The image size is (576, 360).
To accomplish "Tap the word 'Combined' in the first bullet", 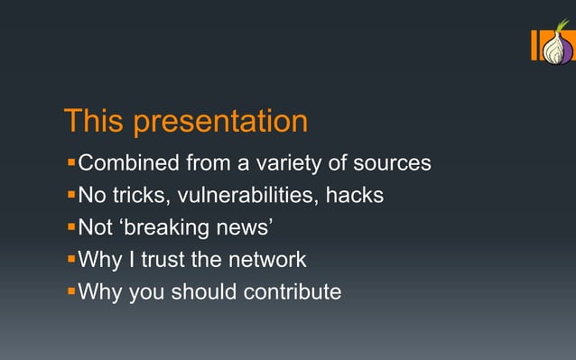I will point(129,163).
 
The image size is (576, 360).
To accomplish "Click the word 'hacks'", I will point(354,195).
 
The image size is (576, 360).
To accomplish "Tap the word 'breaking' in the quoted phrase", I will point(170,227).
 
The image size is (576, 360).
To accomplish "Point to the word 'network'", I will point(268,260).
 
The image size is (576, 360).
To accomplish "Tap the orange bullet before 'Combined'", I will point(71,164).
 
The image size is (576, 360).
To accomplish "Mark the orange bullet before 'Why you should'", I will point(71,292).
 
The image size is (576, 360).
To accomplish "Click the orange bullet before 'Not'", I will point(71,227).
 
